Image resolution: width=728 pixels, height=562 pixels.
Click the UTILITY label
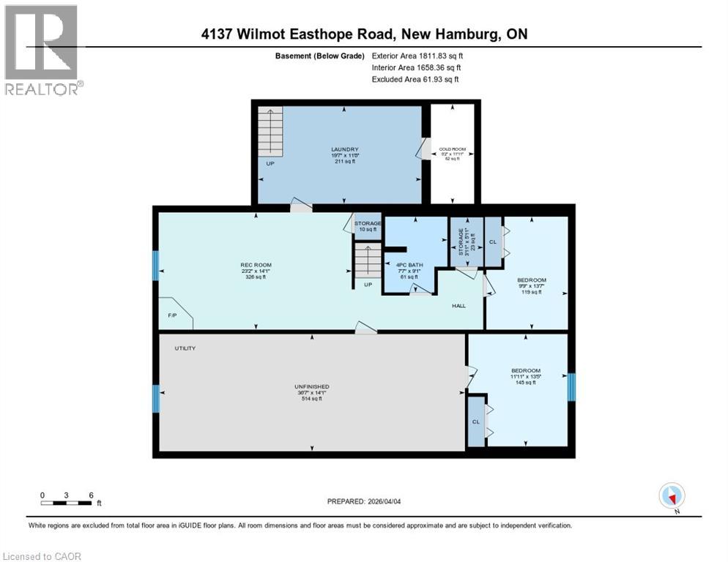185,348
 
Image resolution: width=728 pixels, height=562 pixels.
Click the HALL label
458,305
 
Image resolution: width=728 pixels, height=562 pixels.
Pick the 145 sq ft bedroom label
525,376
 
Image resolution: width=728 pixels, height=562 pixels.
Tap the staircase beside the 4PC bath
368,261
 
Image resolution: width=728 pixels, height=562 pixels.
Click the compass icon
672,495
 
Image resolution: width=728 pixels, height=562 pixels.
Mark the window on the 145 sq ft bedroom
571,387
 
